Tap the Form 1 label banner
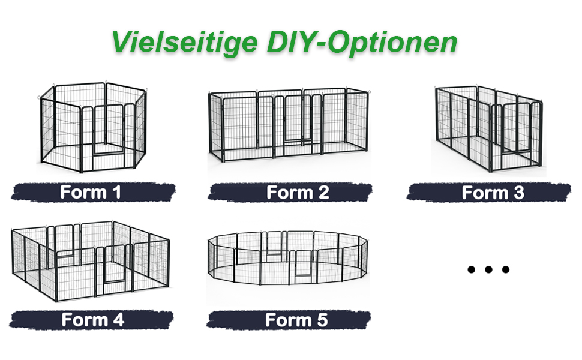click(93, 192)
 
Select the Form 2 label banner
click(290, 193)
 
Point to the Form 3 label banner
click(488, 193)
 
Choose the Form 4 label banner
click(91, 320)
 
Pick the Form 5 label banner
click(289, 320)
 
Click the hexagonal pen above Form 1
click(93, 127)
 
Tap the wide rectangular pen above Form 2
click(289, 125)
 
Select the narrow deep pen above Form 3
click(489, 129)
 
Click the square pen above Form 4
click(91, 261)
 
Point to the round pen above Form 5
click(287, 257)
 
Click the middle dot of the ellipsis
click(488, 269)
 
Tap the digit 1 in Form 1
click(116, 192)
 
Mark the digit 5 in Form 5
click(322, 320)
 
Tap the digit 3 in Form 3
click(518, 193)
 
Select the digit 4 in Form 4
click(118, 320)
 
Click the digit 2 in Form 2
click(323, 193)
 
